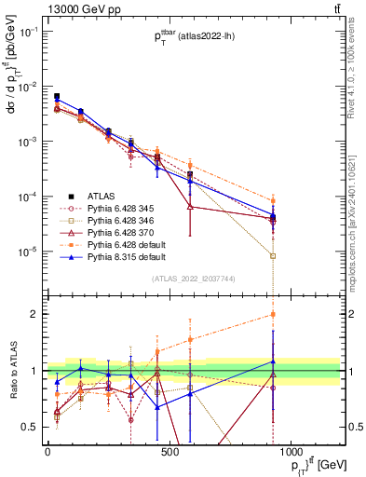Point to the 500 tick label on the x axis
click(x=169, y=451)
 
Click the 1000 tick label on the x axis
click(x=291, y=451)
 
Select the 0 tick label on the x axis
click(x=47, y=451)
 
